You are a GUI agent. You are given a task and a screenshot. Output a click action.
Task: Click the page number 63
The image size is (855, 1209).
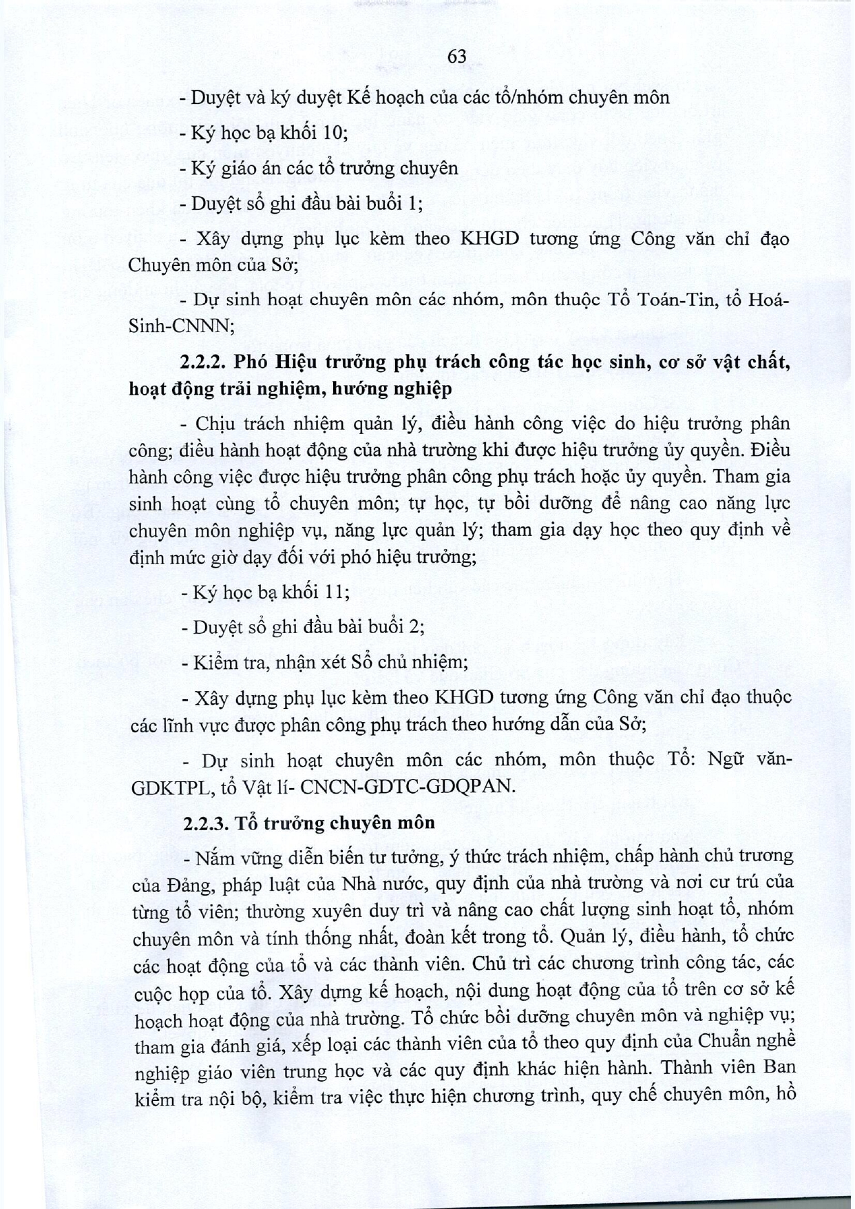click(456, 58)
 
